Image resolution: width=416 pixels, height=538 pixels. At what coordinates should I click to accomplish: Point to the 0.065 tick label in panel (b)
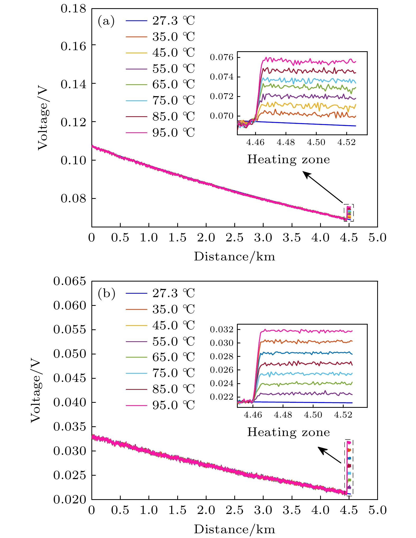click(70, 281)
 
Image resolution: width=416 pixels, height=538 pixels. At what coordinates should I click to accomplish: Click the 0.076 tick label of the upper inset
click(222, 57)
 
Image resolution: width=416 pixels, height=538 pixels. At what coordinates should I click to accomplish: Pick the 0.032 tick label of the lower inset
click(222, 329)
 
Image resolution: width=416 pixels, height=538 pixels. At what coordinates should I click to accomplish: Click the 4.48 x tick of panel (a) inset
click(286, 143)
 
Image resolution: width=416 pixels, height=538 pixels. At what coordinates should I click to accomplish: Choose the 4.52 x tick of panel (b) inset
click(343, 415)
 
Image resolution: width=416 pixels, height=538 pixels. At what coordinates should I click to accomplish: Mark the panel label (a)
click(106, 21)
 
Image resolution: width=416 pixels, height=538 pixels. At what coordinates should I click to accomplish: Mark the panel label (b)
click(106, 293)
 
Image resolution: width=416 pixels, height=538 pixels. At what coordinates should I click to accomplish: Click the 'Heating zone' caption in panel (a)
click(288, 160)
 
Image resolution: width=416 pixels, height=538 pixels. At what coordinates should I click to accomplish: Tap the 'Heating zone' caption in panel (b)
click(288, 432)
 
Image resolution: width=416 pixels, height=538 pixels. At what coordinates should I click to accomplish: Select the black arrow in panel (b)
click(330, 455)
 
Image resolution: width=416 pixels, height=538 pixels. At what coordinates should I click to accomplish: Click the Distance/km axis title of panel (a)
click(235, 256)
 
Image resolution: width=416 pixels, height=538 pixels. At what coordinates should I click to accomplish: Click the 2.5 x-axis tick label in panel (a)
click(235, 238)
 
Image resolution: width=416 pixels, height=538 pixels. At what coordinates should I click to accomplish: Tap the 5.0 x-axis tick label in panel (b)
click(377, 510)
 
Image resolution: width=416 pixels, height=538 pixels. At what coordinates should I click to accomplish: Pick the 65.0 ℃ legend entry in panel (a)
click(173, 85)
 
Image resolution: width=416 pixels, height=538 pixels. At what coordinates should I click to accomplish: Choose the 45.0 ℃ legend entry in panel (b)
click(173, 325)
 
